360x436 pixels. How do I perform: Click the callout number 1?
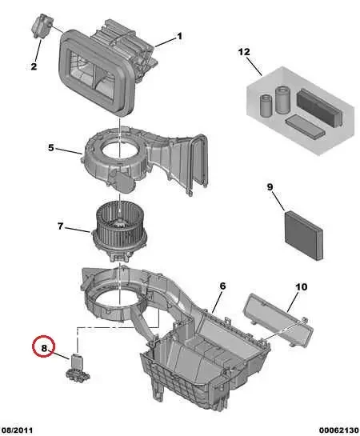[179, 36]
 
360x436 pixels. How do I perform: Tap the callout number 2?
[34, 66]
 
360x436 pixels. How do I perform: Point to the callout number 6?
[222, 286]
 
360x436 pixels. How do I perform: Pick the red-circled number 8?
[45, 349]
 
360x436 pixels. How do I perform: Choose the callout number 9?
[270, 187]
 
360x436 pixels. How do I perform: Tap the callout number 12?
[243, 52]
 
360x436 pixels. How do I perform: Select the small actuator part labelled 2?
[42, 26]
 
